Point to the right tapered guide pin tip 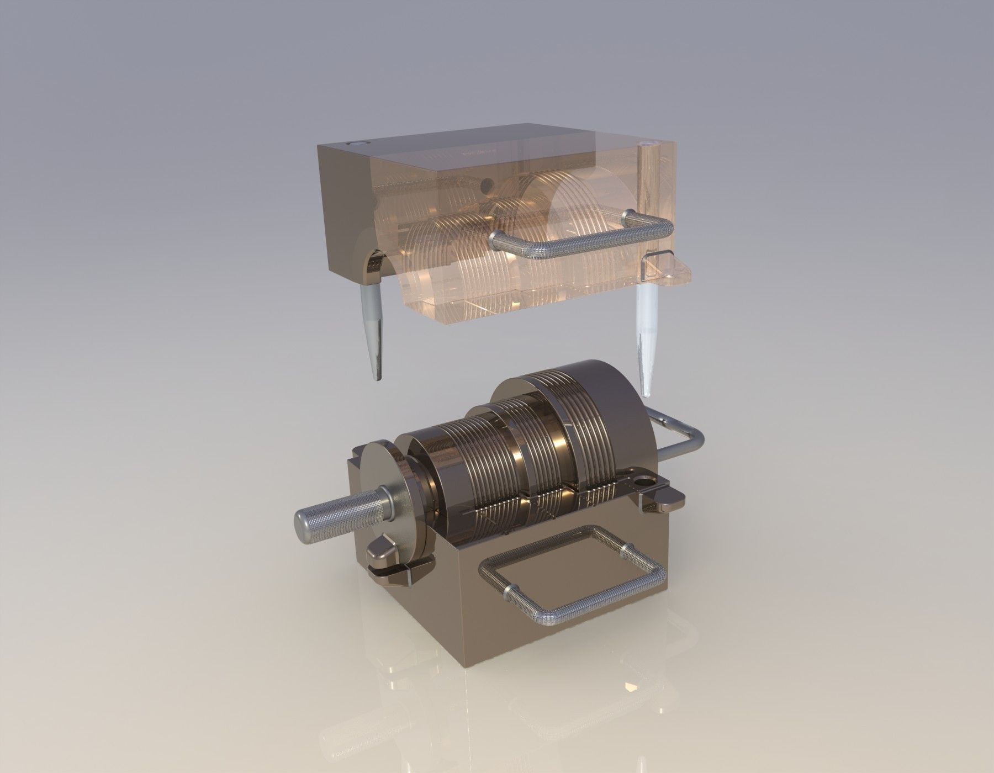(646, 389)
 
